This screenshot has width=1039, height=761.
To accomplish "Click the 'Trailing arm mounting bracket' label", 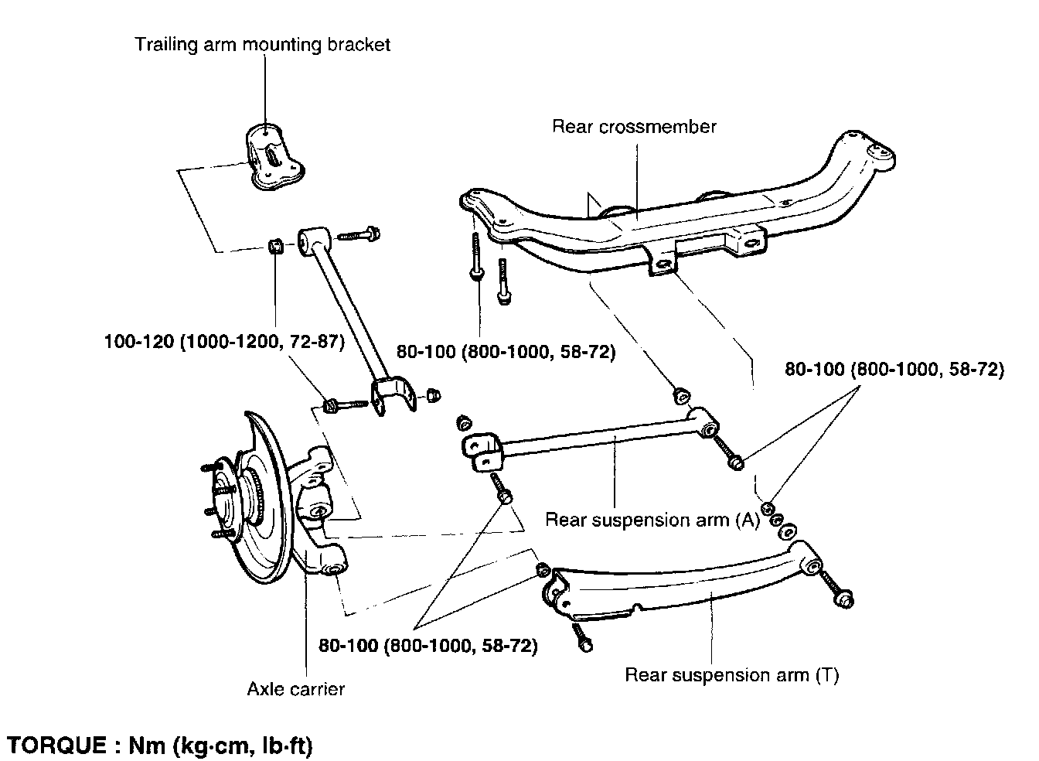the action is coord(262,46).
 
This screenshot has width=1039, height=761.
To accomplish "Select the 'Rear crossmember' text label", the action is coord(634,127).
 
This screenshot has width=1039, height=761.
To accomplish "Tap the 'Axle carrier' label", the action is coord(296,689).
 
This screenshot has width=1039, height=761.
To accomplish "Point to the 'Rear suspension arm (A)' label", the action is coord(652,520).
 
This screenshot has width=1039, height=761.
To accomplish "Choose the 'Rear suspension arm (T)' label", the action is coord(732,674).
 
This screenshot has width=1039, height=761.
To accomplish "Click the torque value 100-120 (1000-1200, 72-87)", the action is coord(224,342).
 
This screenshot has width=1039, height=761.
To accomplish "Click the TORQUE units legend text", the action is coord(160,746).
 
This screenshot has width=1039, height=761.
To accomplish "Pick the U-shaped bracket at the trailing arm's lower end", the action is coord(393,396).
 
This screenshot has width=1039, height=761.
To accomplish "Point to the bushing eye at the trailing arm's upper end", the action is coord(314,241).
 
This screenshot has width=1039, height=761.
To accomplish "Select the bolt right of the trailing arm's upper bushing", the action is coord(358,234).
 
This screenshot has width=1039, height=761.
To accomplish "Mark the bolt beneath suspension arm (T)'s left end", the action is coord(582,637).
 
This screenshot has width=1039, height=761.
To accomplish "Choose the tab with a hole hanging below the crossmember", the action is coord(663,261).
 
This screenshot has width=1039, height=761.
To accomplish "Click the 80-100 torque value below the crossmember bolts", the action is coord(506,352).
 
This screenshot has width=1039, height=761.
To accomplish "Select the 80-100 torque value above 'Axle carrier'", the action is coord(428,646).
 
